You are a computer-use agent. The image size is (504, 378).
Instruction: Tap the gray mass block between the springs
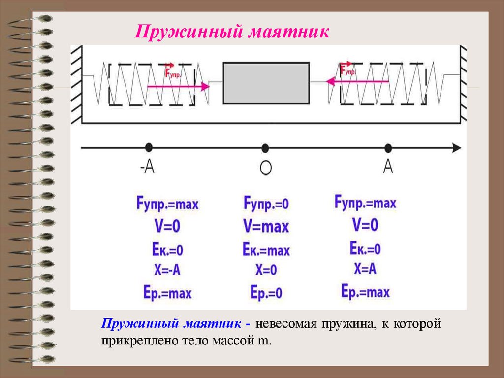[266, 83]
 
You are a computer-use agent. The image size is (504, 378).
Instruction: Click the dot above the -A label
[148, 147]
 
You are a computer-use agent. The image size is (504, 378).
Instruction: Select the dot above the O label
[265, 147]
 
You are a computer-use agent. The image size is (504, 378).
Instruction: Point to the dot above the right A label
[388, 147]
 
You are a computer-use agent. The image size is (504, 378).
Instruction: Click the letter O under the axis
[265, 169]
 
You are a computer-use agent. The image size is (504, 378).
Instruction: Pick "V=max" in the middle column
[266, 227]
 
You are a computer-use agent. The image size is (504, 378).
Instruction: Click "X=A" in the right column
[365, 269]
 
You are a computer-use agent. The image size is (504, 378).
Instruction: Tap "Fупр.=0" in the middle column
[266, 203]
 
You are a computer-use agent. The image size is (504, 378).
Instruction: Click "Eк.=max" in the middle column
[266, 250]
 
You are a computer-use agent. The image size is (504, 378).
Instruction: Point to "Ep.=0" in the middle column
[266, 293]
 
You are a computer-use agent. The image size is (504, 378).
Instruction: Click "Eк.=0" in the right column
[365, 248]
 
